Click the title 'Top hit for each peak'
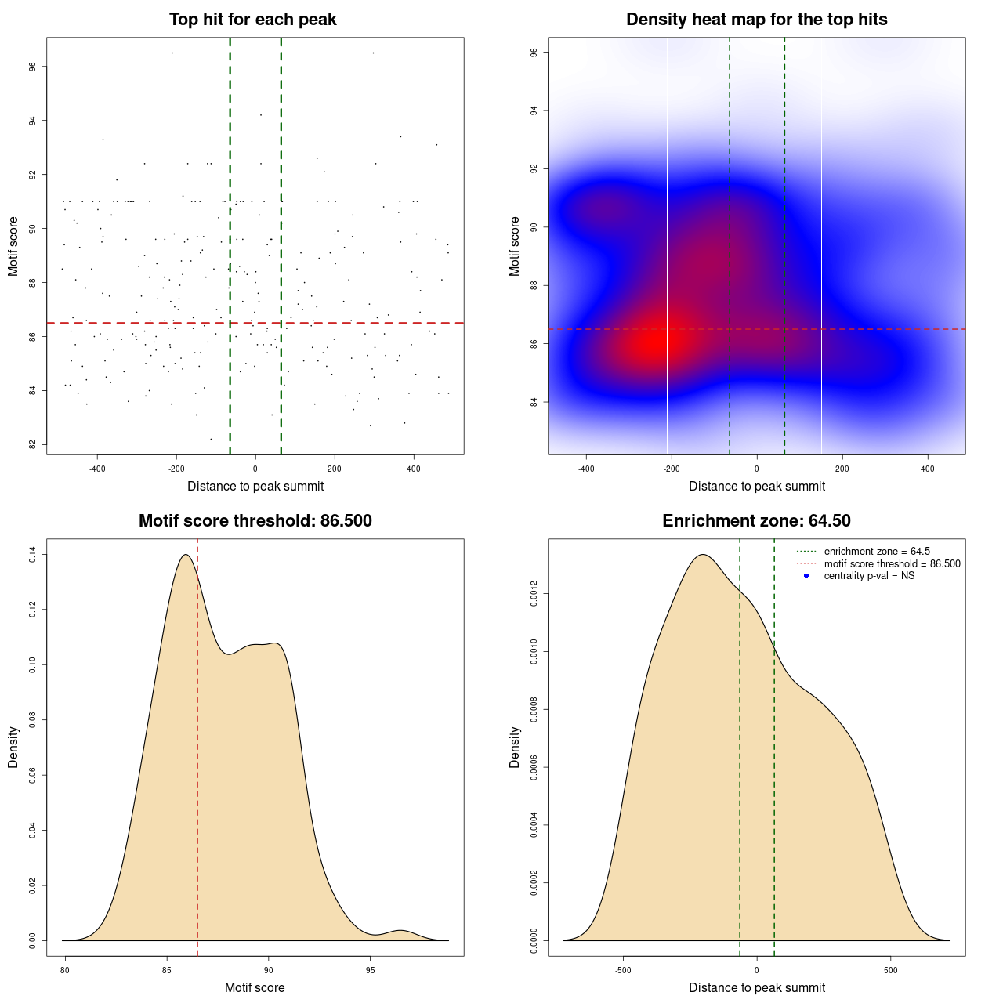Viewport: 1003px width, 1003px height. coord(252,20)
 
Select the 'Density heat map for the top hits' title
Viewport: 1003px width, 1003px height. coord(756,20)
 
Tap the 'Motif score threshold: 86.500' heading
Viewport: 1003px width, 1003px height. coord(255,521)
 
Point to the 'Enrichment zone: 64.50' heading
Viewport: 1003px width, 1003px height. coord(756,521)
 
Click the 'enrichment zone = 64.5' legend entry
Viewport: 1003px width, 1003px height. coord(876,552)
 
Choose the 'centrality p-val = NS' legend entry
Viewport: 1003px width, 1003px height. coord(869,576)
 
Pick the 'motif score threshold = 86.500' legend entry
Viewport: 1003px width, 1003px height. coord(892,564)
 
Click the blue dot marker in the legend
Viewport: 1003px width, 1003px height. coord(806,576)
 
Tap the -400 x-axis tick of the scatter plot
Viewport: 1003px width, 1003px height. coord(97,469)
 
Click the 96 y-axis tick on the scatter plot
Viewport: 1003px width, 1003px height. coord(34,67)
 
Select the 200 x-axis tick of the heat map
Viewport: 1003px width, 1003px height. coord(842,469)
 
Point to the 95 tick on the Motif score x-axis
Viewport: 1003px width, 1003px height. coord(371,971)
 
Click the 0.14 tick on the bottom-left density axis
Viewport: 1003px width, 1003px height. coord(33,555)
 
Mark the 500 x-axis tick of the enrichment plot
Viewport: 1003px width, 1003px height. coord(890,971)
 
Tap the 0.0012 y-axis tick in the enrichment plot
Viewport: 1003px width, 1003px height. coord(534,594)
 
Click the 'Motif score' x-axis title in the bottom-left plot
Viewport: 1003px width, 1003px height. coord(255,987)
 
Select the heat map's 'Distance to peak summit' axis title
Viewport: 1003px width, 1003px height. coord(756,486)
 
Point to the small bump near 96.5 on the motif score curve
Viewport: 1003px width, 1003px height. coord(401,931)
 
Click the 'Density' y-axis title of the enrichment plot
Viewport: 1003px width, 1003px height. coord(515,747)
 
